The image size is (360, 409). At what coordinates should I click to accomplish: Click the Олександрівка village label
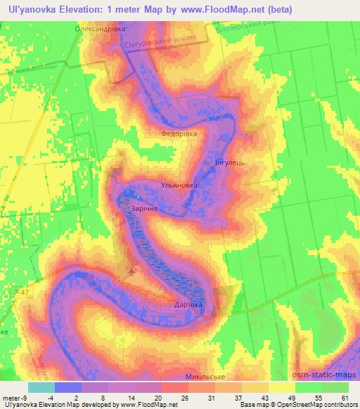(100, 30)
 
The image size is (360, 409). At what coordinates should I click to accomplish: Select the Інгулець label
(229, 162)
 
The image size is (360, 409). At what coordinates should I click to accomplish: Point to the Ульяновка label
(180, 186)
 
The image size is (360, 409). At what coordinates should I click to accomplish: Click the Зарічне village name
(141, 209)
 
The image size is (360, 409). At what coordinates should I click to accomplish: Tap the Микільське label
(204, 377)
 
